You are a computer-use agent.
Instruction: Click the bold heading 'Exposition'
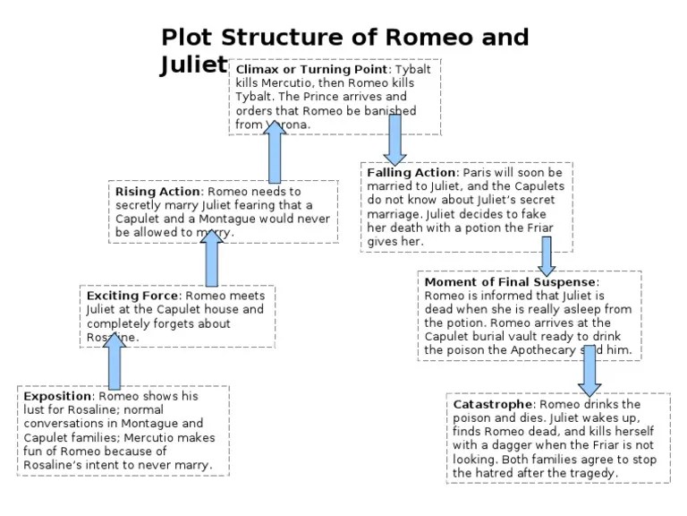(58, 396)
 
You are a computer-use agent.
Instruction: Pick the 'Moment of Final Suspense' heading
(512, 282)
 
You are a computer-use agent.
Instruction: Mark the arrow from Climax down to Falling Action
(395, 141)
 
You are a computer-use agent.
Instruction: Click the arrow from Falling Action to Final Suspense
(547, 255)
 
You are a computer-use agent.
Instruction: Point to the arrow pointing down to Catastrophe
(589, 370)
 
